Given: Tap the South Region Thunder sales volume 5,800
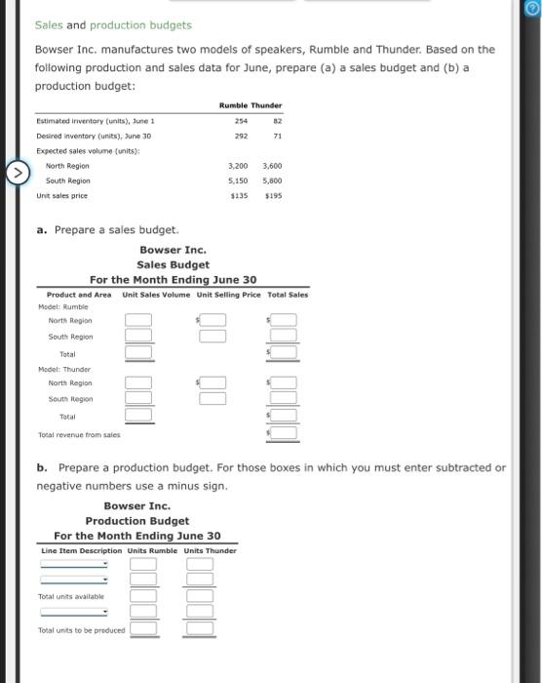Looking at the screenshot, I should pos(273,181).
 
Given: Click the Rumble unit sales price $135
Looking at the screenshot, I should pos(240,195).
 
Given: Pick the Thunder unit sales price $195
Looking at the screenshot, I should pos(273,195).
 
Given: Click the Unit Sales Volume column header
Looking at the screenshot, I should pos(157,295).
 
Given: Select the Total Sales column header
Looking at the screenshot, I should pos(288,295).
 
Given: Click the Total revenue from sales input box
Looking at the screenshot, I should pos(285,432).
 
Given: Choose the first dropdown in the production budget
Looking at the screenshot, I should pos(74,563).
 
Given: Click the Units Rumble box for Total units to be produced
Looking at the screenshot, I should pos(144,629).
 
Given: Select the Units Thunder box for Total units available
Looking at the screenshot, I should pos(200,595).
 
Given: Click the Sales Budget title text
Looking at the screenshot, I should pos(173,264).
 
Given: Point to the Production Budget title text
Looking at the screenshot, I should pos(136,521).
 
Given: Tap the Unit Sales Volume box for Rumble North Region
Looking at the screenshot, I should pos(137,320).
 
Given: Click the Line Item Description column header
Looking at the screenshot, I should pos(82,551).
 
